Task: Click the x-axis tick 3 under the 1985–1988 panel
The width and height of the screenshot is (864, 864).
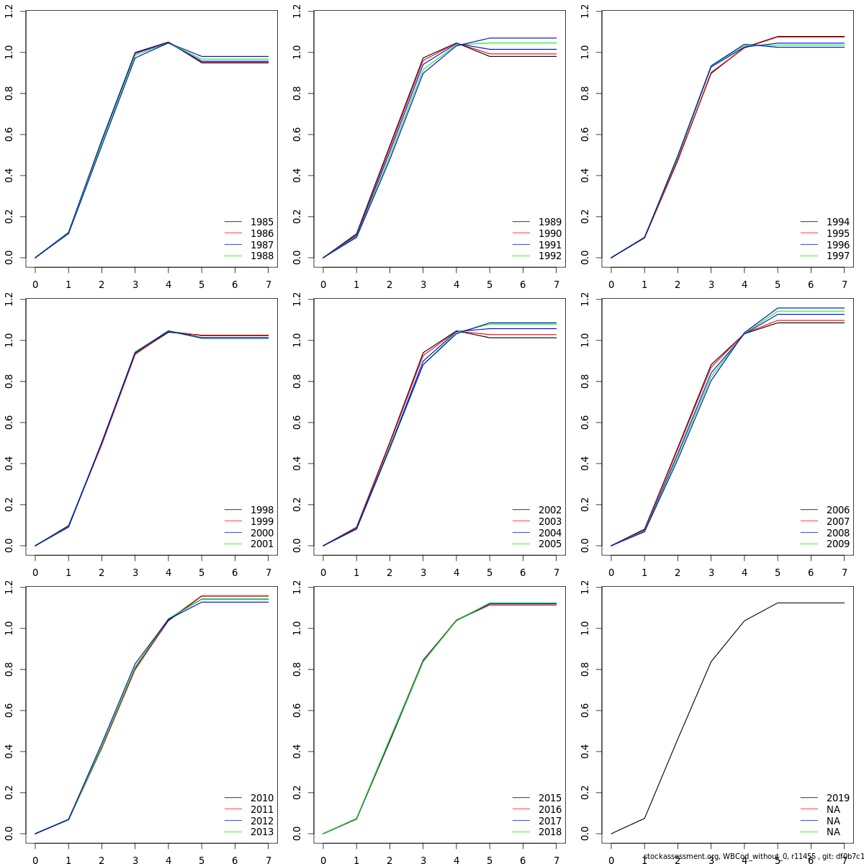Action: click(135, 284)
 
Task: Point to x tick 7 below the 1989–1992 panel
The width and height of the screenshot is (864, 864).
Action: click(556, 284)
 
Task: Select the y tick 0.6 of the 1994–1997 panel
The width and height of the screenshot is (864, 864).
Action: click(585, 135)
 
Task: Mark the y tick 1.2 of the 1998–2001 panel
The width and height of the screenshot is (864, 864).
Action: click(9, 299)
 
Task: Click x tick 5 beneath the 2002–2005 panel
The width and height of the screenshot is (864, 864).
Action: click(490, 572)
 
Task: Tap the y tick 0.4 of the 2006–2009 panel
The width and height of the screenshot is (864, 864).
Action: click(585, 464)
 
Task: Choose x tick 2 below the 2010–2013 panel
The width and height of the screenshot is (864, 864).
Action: click(102, 860)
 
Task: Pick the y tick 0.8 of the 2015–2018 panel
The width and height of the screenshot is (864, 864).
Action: click(297, 670)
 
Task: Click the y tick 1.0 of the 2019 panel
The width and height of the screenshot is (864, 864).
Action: click(585, 629)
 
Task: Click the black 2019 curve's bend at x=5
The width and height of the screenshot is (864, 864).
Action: click(778, 603)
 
